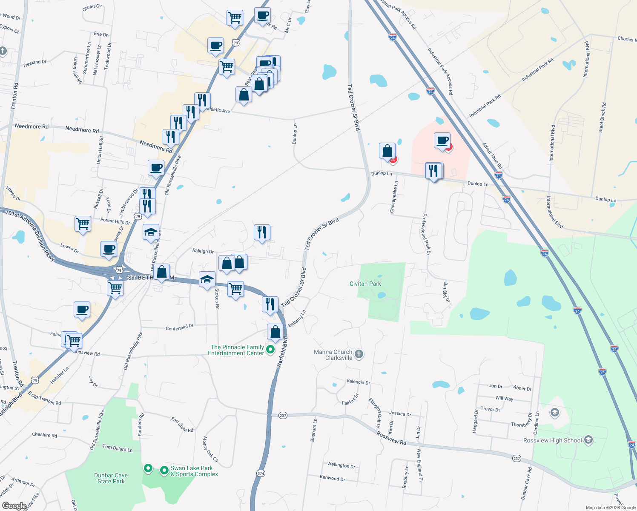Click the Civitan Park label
pyautogui.click(x=365, y=284)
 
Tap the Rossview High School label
pyautogui.click(x=552, y=440)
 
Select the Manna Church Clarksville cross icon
pyautogui.click(x=359, y=354)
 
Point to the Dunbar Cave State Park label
pyautogui.click(x=111, y=478)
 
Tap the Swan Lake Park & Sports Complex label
pyautogui.click(x=194, y=471)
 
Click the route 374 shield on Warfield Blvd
pyautogui.click(x=261, y=473)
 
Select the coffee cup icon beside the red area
pyautogui.click(x=442, y=140)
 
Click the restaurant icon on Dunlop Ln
pyautogui.click(x=433, y=171)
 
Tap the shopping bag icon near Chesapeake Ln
pyautogui.click(x=387, y=151)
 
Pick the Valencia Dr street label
pyautogui.click(x=358, y=382)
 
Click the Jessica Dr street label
pyautogui.click(x=400, y=413)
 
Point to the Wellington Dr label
pyautogui.click(x=341, y=465)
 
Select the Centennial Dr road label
pyautogui.click(x=179, y=327)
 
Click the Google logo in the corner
pyautogui.click(x=14, y=506)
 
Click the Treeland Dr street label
pyautogui.click(x=34, y=63)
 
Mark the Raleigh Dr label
pyautogui.click(x=203, y=251)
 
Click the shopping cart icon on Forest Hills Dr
pyautogui.click(x=83, y=224)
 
